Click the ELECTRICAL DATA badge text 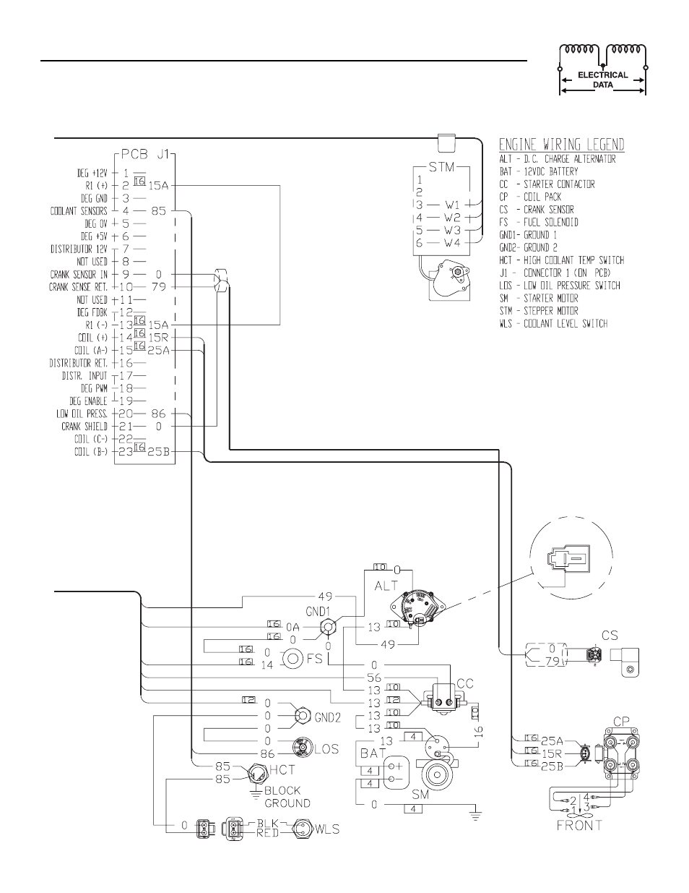coord(602,80)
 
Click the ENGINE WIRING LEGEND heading coord(561,145)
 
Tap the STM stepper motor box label coord(441,167)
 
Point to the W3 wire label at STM coord(453,230)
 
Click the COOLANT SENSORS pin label coord(79,211)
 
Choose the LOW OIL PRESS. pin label coord(82,414)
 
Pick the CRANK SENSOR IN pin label coord(79,274)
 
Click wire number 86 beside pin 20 coord(158,414)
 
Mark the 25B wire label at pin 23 coord(158,452)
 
